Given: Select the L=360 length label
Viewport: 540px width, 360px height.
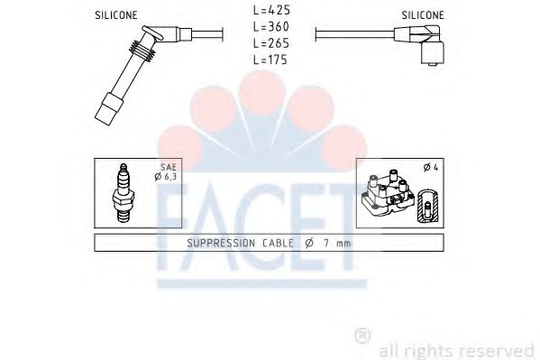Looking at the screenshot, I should point(269,27).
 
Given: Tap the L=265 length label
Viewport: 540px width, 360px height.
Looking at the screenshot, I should point(269,43).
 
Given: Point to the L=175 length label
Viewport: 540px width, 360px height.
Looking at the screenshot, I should point(269,60).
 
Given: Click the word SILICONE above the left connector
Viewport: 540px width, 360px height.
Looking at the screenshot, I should point(116,16).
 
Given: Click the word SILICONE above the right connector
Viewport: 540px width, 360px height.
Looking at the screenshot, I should point(421,15).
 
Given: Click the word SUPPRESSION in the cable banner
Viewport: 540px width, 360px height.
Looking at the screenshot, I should point(221,244).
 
